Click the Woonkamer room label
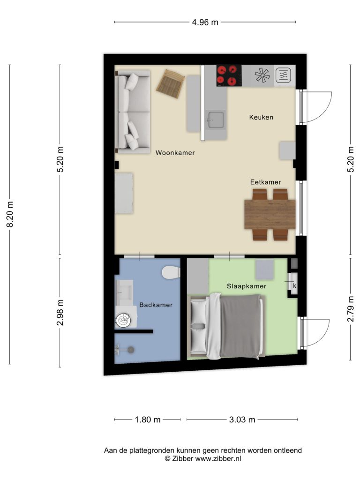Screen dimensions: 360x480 [175, 153]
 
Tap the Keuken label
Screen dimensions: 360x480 [261, 117]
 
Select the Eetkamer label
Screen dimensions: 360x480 [265, 182]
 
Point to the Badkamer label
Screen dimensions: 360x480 [156, 305]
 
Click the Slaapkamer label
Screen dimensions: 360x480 [247, 286]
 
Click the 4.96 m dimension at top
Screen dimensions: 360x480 [205, 22]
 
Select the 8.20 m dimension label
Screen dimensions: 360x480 [10, 214]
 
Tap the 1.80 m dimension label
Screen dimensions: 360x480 [148, 420]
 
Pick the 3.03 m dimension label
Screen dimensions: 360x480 [242, 420]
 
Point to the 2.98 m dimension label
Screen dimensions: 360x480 [60, 312]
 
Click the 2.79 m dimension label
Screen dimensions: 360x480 [351, 308]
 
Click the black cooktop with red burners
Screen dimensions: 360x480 [229, 75]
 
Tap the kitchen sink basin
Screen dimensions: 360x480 [216, 120]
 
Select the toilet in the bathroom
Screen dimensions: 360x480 [171, 272]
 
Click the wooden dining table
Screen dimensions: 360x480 [270, 214]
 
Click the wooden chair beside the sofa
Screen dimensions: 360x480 [171, 83]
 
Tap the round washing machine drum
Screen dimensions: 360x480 [124, 321]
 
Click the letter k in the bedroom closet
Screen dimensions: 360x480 [295, 286]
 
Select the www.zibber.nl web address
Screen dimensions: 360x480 [218, 458]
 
